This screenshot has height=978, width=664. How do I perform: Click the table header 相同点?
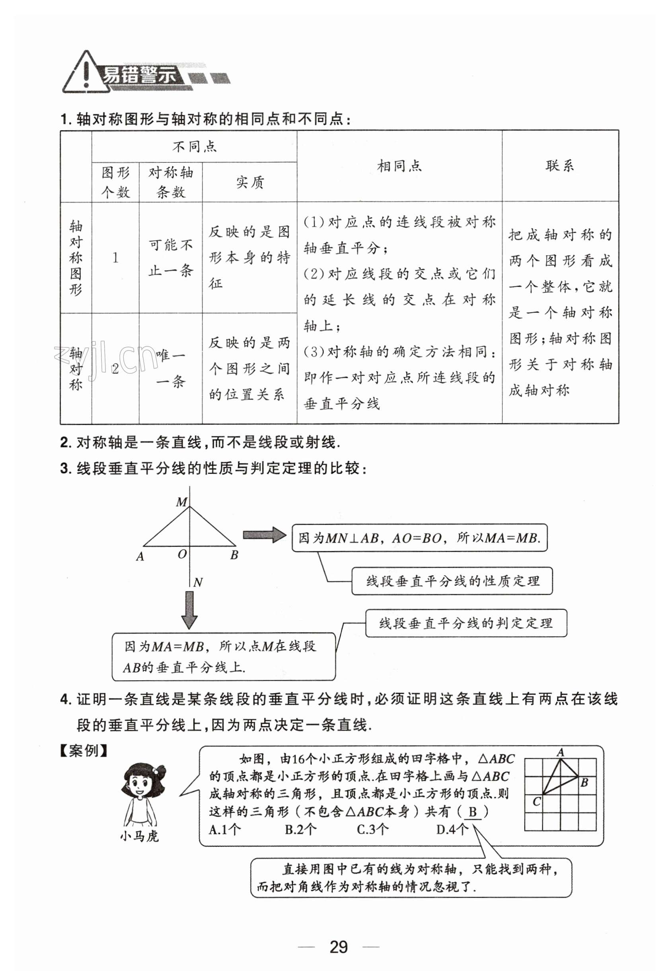(x=399, y=166)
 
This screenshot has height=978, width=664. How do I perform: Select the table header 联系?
(x=560, y=166)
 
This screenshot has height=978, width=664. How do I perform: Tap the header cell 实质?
(x=249, y=182)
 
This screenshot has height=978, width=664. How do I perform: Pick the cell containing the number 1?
(x=115, y=258)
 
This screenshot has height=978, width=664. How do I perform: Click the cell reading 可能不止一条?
(x=170, y=258)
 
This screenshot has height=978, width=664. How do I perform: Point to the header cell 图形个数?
(x=115, y=182)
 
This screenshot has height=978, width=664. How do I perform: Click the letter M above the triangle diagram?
(x=181, y=502)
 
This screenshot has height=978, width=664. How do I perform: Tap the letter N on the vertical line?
(x=198, y=582)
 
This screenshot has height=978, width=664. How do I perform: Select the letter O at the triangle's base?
(x=182, y=554)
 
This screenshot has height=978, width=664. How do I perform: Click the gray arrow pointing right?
(x=264, y=535)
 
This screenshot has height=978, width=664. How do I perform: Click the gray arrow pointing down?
(x=189, y=610)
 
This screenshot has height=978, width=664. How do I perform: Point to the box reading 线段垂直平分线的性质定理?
(x=452, y=581)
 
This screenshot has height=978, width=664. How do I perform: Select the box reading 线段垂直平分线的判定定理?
(x=466, y=623)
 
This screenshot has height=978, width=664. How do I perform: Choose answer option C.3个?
(x=373, y=830)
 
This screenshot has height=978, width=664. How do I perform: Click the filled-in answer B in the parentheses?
(x=473, y=812)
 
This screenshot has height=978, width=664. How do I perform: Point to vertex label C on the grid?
(x=536, y=802)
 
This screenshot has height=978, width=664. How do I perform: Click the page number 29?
(x=339, y=947)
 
